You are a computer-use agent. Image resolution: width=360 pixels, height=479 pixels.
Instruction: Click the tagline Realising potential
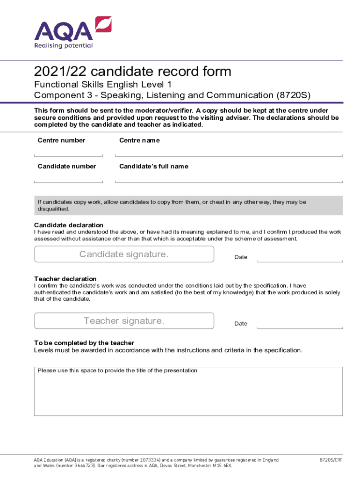[64, 46]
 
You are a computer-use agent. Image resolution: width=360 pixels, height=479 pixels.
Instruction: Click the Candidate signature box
[124, 254]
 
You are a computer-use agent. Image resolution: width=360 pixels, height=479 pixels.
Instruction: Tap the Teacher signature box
[124, 321]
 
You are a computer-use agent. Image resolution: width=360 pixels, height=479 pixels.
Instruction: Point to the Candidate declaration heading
[69, 225]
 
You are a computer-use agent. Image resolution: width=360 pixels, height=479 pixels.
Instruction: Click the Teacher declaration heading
[65, 279]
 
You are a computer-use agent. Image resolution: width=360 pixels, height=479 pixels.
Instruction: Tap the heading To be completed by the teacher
[84, 343]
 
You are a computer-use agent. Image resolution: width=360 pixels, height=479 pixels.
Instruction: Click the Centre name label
[139, 140]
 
